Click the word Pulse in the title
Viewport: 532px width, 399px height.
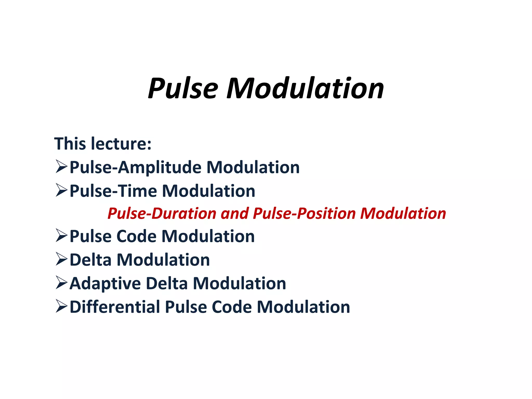coord(183,89)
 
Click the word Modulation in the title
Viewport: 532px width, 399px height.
coord(305,89)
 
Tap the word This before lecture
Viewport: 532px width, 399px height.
coord(70,144)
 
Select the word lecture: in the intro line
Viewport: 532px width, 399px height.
coord(121,144)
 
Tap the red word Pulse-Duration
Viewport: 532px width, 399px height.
coord(162,214)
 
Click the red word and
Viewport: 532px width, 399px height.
coord(235,214)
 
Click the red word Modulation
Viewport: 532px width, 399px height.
coord(403,214)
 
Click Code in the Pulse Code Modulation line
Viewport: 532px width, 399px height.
coord(136,236)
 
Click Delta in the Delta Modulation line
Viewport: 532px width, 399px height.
coord(91,260)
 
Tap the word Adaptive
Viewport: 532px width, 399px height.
coord(105,283)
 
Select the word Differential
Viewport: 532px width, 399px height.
coord(115,307)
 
